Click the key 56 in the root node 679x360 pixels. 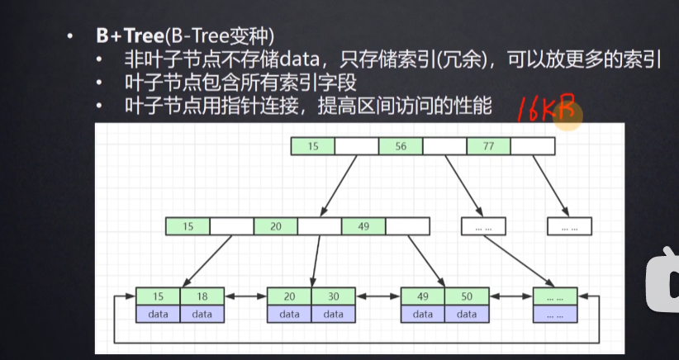(401, 146)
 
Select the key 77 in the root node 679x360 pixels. (488, 146)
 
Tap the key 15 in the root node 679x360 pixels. (313, 146)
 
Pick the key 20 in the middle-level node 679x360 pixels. (275, 225)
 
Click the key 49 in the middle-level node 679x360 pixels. (363, 225)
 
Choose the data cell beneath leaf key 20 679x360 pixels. (289, 314)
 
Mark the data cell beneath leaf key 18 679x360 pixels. (202, 314)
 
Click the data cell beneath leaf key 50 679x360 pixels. (467, 314)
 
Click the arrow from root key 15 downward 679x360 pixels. (338, 186)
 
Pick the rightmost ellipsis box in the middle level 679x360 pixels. (569, 225)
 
